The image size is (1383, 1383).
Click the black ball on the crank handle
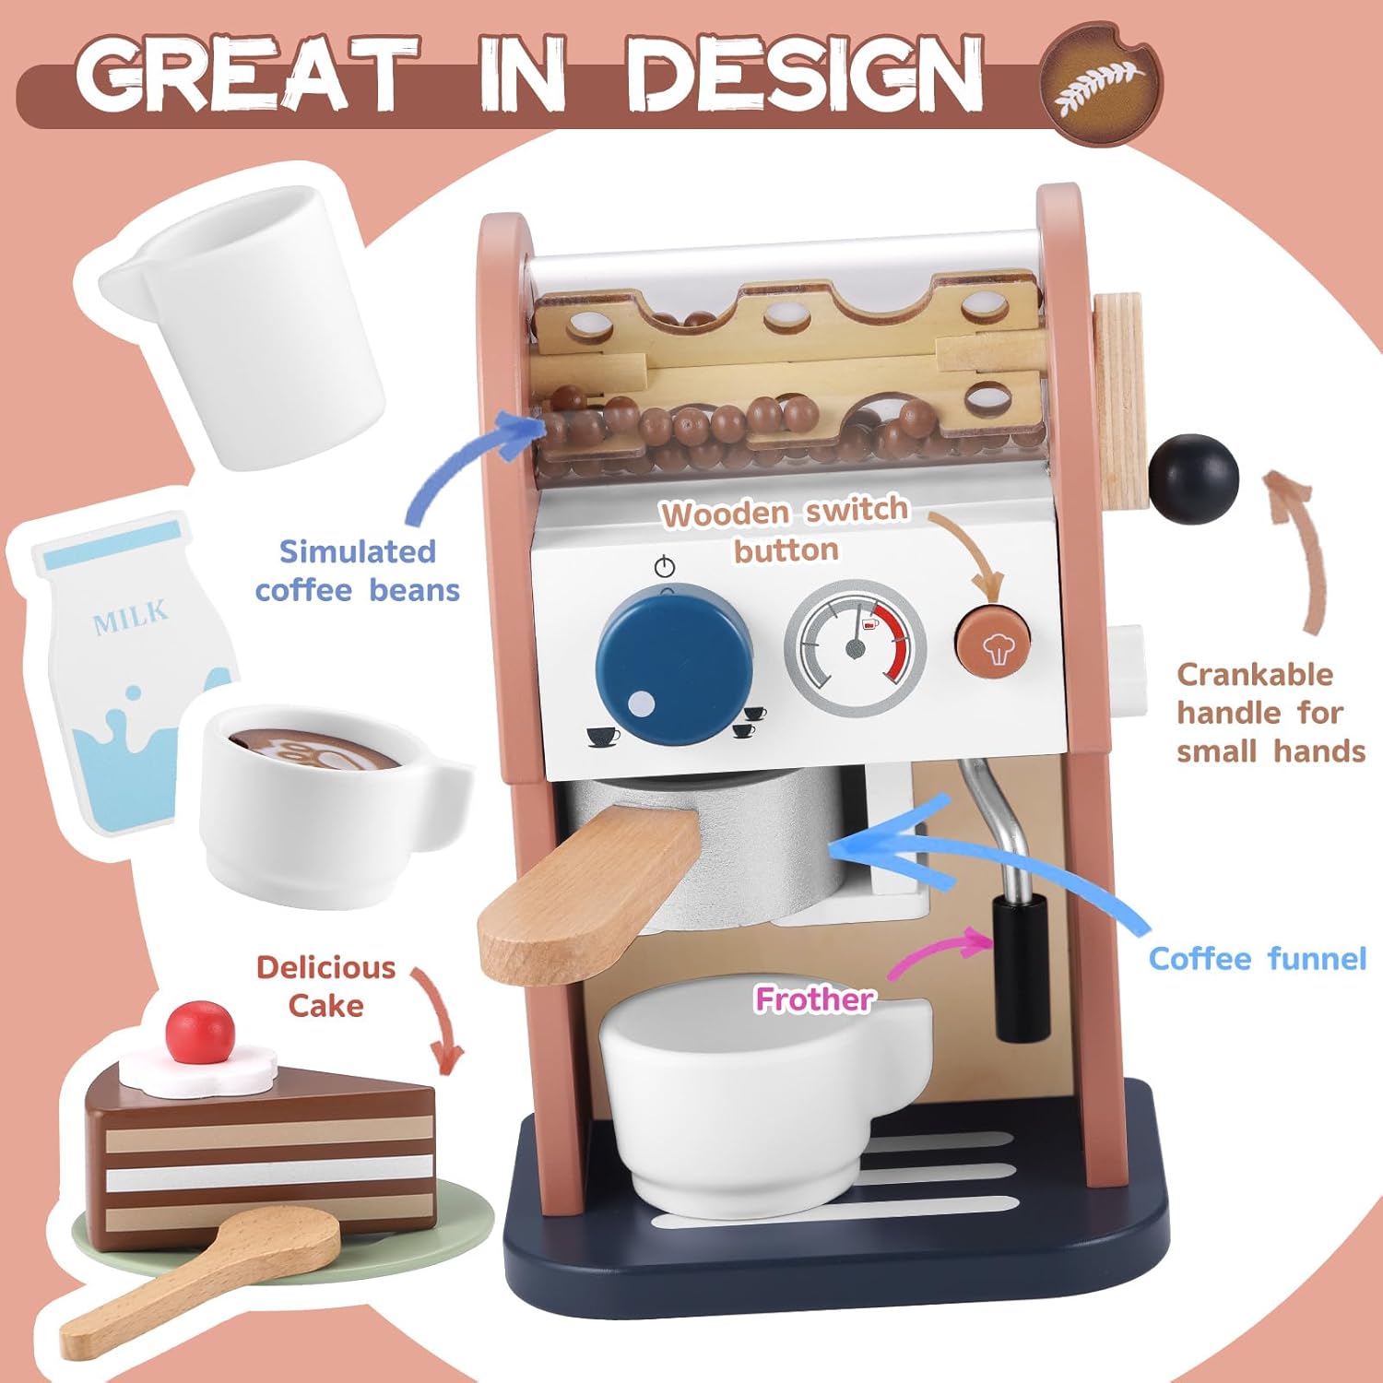pos(1193,479)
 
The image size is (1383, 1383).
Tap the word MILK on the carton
pos(131,617)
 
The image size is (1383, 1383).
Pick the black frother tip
pos(1021,968)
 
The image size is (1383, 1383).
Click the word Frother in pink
pos(814,999)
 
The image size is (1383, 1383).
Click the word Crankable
pos(1255,674)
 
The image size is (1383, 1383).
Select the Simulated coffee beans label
pos(358,571)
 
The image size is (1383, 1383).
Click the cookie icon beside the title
pos(1100,84)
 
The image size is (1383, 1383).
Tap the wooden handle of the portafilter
pos(590,892)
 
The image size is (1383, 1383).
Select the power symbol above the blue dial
pos(665,566)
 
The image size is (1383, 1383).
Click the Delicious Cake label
pos(325,987)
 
